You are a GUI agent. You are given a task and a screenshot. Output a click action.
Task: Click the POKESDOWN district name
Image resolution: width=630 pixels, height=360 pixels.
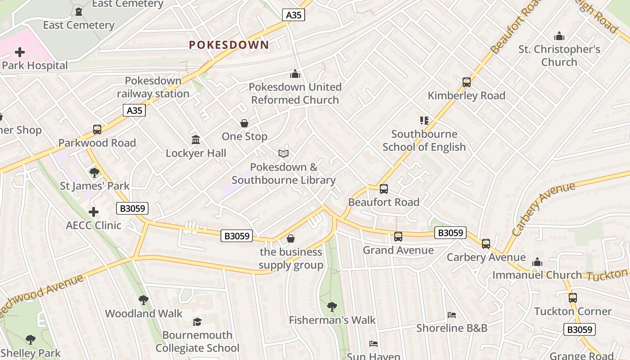point(229,45)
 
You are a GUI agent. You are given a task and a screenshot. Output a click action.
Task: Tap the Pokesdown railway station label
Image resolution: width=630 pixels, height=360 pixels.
point(153,87)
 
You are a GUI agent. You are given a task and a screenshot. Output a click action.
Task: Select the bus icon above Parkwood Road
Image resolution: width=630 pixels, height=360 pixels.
point(97,130)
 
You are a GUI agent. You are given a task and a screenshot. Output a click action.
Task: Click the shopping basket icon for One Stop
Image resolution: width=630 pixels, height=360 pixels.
point(244,123)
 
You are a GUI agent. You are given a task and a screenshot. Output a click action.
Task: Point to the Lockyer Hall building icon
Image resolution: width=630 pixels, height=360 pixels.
point(196,140)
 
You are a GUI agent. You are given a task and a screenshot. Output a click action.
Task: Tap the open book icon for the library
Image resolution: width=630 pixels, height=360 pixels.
point(283,154)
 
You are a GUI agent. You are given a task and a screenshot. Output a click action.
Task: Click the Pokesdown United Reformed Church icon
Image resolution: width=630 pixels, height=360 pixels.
point(295,74)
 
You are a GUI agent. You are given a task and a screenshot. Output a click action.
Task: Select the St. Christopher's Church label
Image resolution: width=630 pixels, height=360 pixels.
point(559,56)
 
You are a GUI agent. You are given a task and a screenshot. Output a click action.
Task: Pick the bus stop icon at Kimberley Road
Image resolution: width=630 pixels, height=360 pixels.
point(467,82)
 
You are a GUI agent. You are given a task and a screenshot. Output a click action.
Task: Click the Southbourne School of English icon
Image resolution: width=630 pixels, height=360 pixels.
point(424,121)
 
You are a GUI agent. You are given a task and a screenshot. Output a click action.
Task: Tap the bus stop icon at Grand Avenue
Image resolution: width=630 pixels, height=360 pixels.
point(398,237)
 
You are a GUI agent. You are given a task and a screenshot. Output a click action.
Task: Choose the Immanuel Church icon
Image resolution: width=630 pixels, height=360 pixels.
point(537,262)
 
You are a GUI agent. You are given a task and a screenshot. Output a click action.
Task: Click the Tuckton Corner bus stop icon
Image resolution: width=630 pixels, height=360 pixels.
point(572,298)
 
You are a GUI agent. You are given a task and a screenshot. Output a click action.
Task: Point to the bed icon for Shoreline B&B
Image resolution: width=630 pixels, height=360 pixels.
point(452,315)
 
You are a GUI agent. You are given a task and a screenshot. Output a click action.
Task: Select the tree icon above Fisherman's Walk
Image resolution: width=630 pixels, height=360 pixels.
point(332,307)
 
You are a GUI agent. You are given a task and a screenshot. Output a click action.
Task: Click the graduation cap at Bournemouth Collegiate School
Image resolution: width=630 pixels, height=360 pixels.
point(197,322)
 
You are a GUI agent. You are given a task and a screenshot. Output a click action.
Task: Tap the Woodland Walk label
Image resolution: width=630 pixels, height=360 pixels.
point(144,314)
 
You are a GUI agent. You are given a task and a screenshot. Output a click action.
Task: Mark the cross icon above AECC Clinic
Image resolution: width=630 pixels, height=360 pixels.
point(94,212)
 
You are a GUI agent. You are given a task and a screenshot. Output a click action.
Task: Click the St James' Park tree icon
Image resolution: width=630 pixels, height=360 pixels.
point(94,172)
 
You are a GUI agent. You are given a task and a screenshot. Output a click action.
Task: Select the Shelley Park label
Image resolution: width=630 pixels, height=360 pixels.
point(31,353)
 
